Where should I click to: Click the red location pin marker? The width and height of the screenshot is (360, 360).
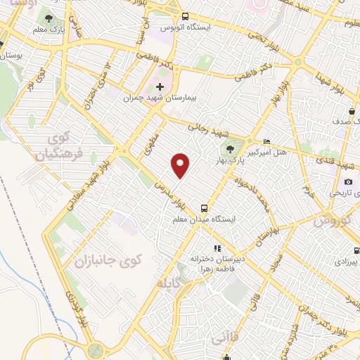[x=181, y=165]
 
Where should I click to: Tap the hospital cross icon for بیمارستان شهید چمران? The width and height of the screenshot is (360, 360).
[x=160, y=86]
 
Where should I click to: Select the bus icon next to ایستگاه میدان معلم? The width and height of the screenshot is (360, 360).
[x=204, y=208]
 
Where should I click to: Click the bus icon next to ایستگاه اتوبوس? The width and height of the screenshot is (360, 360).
[x=184, y=15]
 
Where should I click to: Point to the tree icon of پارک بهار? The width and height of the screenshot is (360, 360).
[x=230, y=149]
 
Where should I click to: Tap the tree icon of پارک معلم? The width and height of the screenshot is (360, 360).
[x=48, y=18]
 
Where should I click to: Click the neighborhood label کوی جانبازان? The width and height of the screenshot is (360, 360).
[x=108, y=260]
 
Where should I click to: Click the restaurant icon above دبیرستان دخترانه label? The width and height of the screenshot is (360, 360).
[x=218, y=248]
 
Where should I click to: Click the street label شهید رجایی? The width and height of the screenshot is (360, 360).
[x=205, y=125]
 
